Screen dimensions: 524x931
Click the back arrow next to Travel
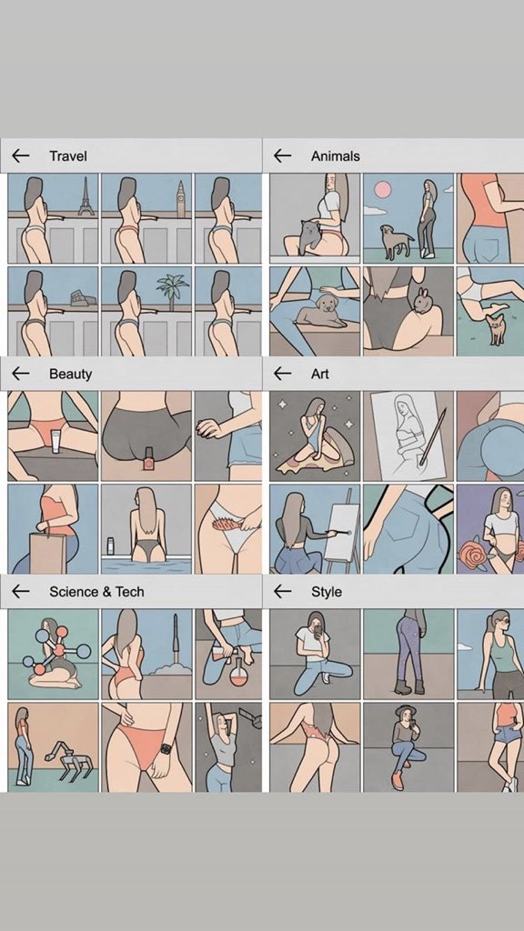(x=21, y=156)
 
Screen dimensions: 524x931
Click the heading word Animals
(x=335, y=156)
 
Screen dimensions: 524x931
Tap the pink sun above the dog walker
(x=383, y=189)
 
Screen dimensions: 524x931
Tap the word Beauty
(x=70, y=374)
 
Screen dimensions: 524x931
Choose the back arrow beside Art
(x=282, y=374)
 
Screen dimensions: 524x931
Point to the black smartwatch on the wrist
(x=166, y=749)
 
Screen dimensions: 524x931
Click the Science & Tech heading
(x=96, y=592)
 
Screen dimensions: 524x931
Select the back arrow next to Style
(x=282, y=591)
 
